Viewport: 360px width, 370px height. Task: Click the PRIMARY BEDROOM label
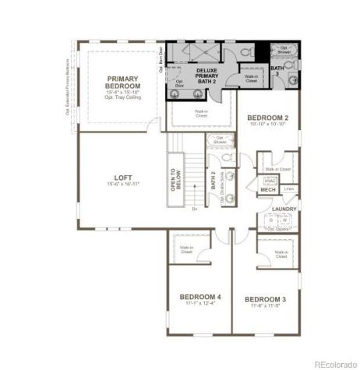[122, 83]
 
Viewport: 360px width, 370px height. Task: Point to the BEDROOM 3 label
[266, 299]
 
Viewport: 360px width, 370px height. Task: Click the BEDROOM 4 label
[200, 297]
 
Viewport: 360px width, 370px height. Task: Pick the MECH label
[269, 189]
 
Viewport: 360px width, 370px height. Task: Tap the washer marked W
[286, 220]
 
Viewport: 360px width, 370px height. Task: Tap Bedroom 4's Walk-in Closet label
[186, 249]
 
